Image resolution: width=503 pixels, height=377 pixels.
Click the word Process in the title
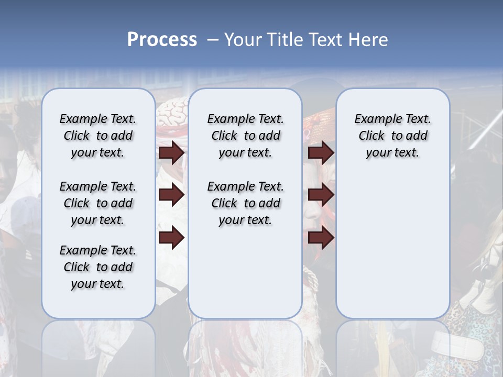[x=162, y=40]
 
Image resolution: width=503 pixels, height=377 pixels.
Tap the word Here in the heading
[x=369, y=40]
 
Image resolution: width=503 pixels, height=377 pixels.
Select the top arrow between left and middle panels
[x=171, y=153]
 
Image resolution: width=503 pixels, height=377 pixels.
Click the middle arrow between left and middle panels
[x=171, y=195]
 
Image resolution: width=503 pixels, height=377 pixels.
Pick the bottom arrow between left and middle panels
[x=171, y=238]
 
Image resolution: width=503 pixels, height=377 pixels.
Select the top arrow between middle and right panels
[x=321, y=153]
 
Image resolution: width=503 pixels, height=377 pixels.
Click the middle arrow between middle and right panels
[x=321, y=195]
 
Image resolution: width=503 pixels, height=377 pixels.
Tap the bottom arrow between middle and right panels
[x=321, y=238]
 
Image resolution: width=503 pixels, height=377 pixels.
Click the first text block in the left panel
[x=98, y=136]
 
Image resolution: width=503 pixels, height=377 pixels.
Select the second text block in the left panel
[x=98, y=203]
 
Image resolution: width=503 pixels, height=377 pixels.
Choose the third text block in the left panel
[x=98, y=267]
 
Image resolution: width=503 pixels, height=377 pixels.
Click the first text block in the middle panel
[x=245, y=136]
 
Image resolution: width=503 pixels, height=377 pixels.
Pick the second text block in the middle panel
[x=245, y=203]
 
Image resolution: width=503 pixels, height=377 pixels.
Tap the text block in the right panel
[x=392, y=136]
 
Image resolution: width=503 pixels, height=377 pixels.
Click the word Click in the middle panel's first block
[x=224, y=136]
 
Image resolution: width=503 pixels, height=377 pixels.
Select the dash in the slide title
[x=212, y=40]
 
